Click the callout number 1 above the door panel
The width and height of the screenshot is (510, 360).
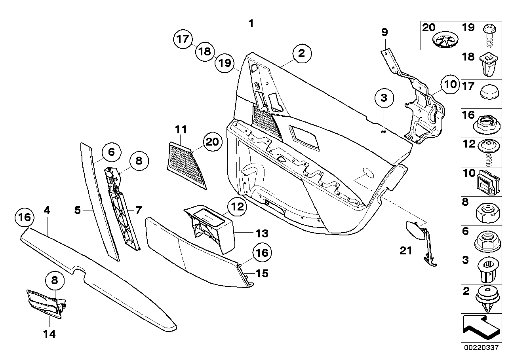point(251,24)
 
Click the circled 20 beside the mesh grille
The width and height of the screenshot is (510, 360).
point(213,141)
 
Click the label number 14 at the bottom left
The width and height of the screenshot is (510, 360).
point(49,334)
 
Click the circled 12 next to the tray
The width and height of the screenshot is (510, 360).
point(236,206)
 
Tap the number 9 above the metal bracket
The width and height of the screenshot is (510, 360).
point(384,32)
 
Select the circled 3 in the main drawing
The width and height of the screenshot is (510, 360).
point(384,98)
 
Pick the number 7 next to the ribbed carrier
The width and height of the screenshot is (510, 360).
point(138,210)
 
